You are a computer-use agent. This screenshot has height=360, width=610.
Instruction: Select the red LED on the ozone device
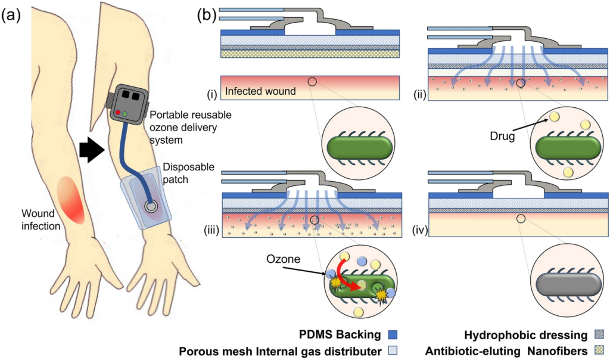pos(118,111)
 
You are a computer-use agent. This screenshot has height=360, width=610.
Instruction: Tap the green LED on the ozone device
pos(126,113)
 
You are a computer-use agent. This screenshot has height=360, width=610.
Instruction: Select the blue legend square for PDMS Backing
pos(392,335)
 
